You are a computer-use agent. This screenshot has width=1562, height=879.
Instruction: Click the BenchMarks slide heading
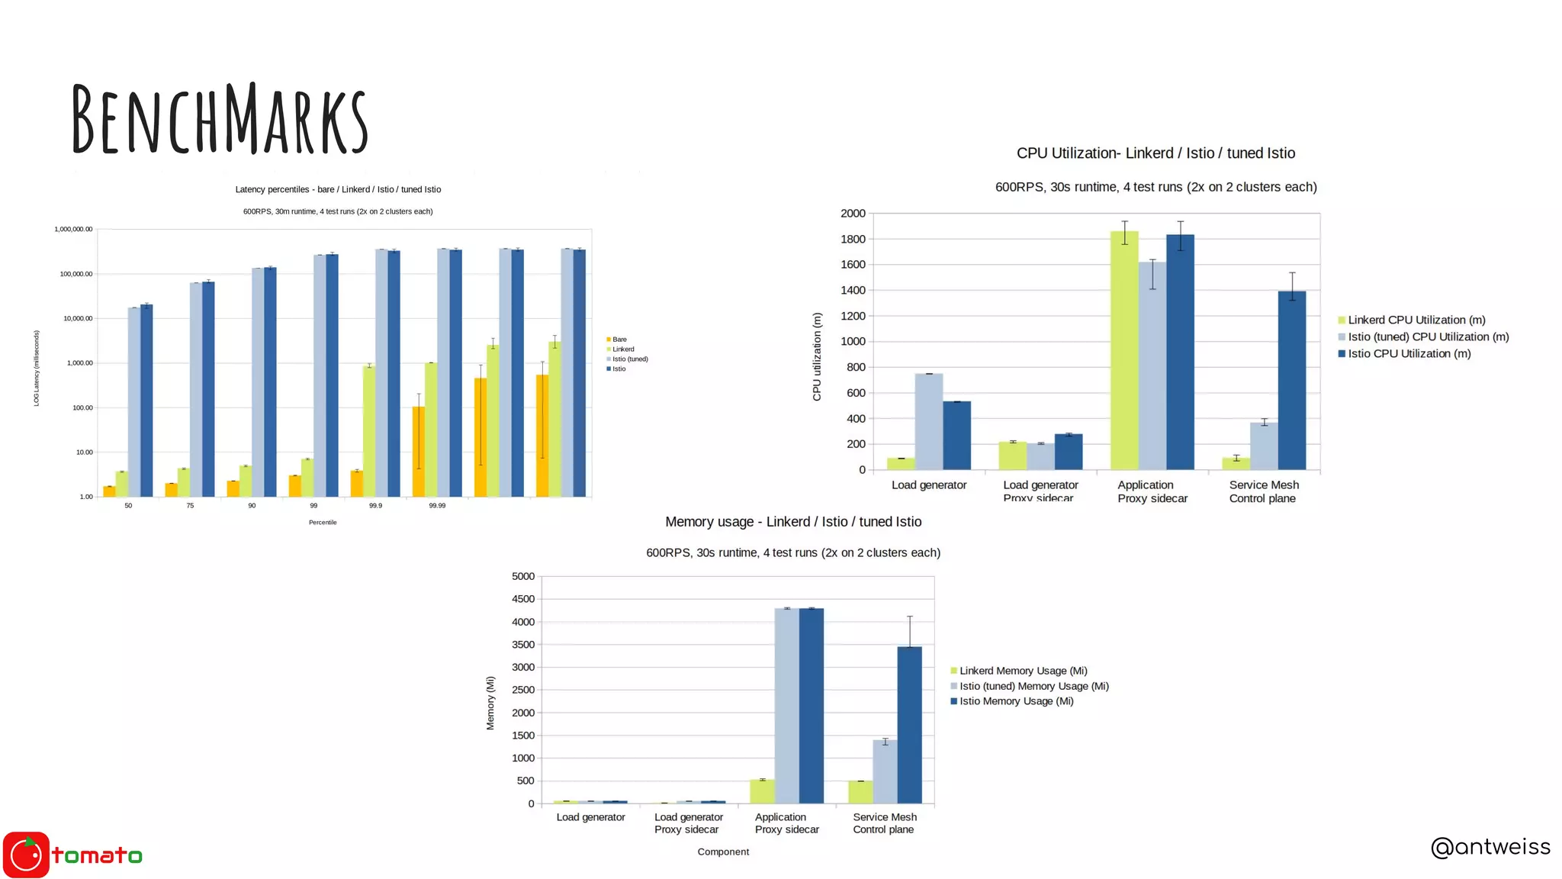(220, 119)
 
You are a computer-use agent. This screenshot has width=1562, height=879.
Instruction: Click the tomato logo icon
(26, 855)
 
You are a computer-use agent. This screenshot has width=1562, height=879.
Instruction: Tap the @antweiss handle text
(1490, 847)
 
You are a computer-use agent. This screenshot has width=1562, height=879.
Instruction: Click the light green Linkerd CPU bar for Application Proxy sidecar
(1123, 350)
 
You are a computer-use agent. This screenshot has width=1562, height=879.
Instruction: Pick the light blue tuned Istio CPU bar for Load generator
(928, 421)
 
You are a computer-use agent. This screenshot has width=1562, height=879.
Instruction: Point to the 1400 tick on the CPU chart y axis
(853, 291)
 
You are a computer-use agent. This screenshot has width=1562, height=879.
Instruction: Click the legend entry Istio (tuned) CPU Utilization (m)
(1427, 336)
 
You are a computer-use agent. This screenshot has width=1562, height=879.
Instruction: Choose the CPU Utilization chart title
(1155, 153)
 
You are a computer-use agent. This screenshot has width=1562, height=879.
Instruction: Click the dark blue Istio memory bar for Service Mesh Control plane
(909, 725)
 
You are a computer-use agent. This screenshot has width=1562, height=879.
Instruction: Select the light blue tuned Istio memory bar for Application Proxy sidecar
(786, 706)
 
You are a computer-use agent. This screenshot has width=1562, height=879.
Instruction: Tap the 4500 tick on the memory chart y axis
(523, 600)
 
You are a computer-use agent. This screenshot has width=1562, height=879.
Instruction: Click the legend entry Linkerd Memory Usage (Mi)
(1022, 671)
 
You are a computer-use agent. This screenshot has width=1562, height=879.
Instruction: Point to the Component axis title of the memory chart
(722, 852)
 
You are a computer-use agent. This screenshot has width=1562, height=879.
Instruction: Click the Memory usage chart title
(793, 522)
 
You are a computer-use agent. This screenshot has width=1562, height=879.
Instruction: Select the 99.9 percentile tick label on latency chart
(375, 506)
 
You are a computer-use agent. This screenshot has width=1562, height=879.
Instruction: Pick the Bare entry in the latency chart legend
(619, 340)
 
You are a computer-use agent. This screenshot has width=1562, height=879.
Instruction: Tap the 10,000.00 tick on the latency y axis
(78, 319)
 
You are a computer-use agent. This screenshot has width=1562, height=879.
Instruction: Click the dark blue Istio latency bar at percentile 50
(146, 401)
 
